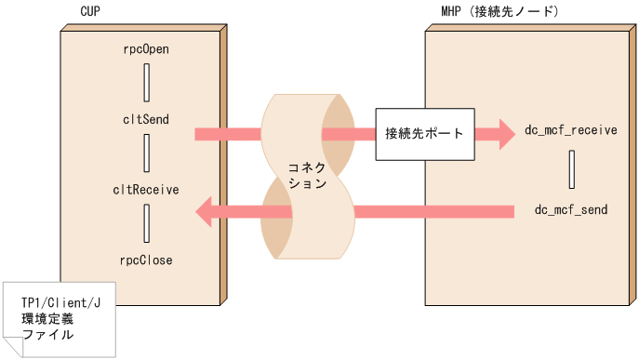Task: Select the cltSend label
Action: pos(147,118)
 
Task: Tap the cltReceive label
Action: pos(147,190)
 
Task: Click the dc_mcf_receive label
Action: pos(570,130)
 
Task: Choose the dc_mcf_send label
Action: pos(570,210)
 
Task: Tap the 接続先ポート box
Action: pos(424,133)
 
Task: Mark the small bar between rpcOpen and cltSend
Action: pos(147,83)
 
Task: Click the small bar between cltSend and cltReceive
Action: pos(147,153)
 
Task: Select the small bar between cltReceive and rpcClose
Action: pos(147,225)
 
